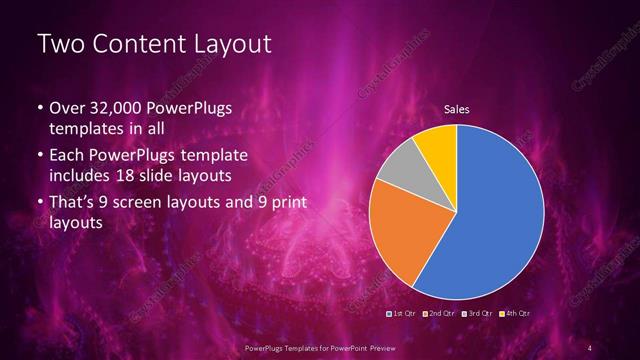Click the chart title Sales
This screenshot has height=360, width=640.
[457, 108]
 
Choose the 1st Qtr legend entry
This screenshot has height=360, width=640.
[402, 314]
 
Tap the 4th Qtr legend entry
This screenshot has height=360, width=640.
[515, 314]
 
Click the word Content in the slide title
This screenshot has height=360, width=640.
[139, 45]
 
